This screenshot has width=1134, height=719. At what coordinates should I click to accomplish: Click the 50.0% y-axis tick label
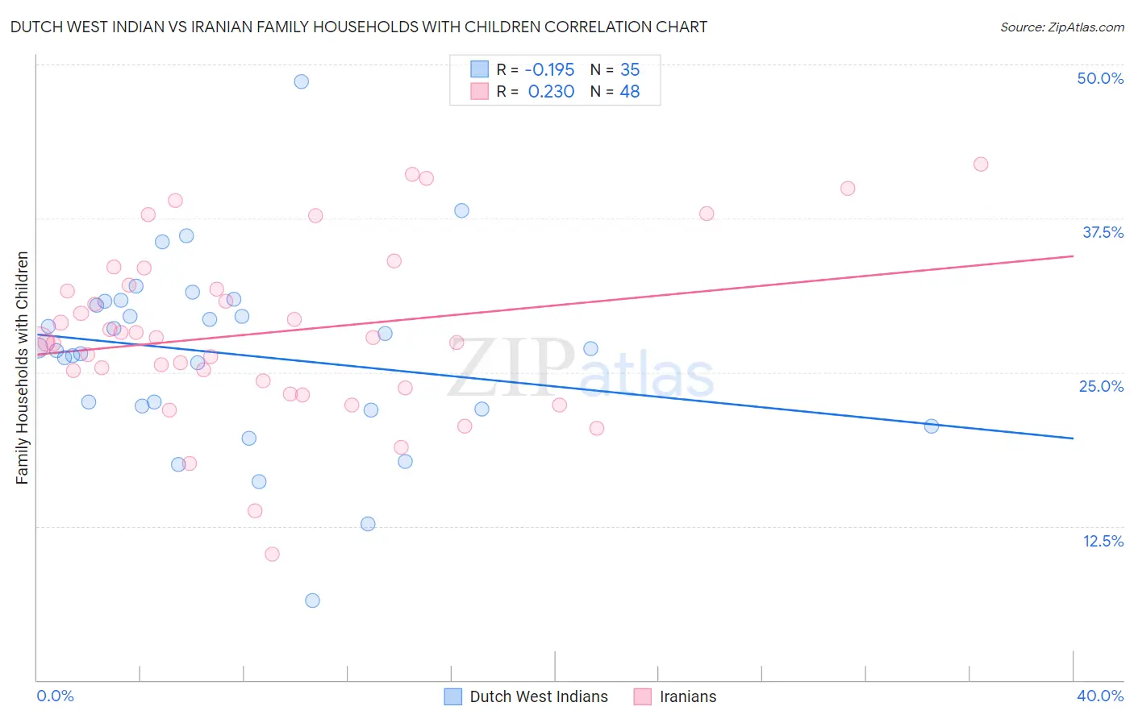[x=1100, y=78]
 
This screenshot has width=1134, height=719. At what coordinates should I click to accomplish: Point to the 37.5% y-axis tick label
[x=1103, y=232]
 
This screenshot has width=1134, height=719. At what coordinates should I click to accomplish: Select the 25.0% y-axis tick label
[x=1101, y=386]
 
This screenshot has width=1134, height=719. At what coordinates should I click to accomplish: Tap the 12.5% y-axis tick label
[x=1103, y=541]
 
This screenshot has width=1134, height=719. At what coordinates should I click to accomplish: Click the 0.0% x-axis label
[x=55, y=696]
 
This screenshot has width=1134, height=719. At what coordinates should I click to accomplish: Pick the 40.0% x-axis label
[x=1099, y=696]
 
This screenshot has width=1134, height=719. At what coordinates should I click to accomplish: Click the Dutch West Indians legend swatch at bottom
[x=453, y=696]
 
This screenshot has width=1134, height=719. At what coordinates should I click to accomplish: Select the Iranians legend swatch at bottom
[x=642, y=696]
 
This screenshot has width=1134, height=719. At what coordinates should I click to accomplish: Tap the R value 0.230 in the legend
[x=551, y=92]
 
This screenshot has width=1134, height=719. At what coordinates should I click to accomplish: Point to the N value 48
[x=629, y=92]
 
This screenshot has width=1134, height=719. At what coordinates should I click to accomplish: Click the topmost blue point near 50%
[x=301, y=81]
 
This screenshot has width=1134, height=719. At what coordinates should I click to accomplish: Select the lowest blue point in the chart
[x=312, y=601]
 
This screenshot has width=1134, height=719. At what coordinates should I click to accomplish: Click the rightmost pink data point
[x=981, y=164]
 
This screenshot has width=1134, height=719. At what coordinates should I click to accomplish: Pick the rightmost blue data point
[x=931, y=426]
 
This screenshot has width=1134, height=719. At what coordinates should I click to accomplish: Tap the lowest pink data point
[x=272, y=555]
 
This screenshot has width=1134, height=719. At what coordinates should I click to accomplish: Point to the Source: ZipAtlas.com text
[x=1061, y=27]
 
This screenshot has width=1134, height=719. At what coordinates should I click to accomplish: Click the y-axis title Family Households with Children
[x=23, y=368]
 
